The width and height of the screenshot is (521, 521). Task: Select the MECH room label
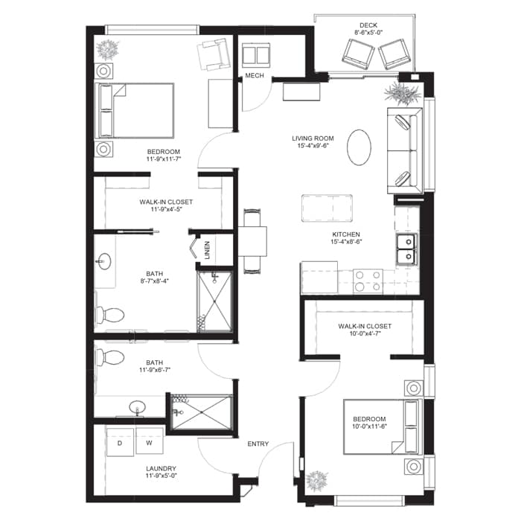(x=255, y=76)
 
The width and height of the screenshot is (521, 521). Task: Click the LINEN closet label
(x=208, y=250)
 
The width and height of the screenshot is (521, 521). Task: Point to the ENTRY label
(x=258, y=444)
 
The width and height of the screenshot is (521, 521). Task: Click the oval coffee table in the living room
(x=359, y=147)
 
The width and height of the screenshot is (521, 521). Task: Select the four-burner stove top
(x=368, y=281)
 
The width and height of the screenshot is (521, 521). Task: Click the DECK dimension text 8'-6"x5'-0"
(x=368, y=33)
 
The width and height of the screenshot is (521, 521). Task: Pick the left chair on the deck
(x=358, y=54)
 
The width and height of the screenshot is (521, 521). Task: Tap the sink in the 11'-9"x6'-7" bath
(x=137, y=407)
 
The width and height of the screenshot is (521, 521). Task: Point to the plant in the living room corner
(x=403, y=93)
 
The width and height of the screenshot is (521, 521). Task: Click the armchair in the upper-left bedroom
(x=214, y=54)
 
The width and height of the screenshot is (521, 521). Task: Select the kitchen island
(x=327, y=208)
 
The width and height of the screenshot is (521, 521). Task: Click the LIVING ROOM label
(x=313, y=138)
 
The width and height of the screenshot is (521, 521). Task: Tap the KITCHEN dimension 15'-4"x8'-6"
(x=346, y=242)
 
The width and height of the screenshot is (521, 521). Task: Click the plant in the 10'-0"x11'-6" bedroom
(x=316, y=481)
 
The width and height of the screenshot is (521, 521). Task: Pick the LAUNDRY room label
(x=162, y=468)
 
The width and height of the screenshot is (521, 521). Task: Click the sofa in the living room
(x=405, y=150)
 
